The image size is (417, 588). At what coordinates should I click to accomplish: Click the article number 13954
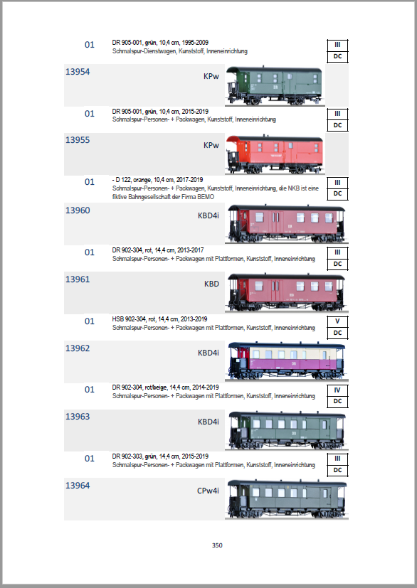[x=78, y=72]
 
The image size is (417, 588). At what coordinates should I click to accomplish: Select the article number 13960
[x=78, y=210]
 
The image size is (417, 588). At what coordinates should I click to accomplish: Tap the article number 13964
[x=78, y=486]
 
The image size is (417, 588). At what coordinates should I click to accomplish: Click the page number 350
[x=217, y=545]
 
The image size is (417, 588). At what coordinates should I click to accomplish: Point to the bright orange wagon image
[x=275, y=154]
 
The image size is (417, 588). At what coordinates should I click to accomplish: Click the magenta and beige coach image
[x=287, y=360]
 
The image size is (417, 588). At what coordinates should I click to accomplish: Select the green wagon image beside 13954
[x=275, y=85]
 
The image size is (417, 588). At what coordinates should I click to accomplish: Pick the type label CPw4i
[x=208, y=491]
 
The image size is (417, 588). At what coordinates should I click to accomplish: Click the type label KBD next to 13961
[x=211, y=284]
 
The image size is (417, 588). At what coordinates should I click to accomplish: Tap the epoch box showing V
[x=337, y=321]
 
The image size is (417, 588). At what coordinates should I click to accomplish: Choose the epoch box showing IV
[x=337, y=390]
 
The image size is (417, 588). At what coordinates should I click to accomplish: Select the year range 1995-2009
[x=195, y=43]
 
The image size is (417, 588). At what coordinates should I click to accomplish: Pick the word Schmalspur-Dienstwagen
[x=144, y=51]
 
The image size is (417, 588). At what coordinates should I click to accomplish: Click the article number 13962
[x=78, y=348]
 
